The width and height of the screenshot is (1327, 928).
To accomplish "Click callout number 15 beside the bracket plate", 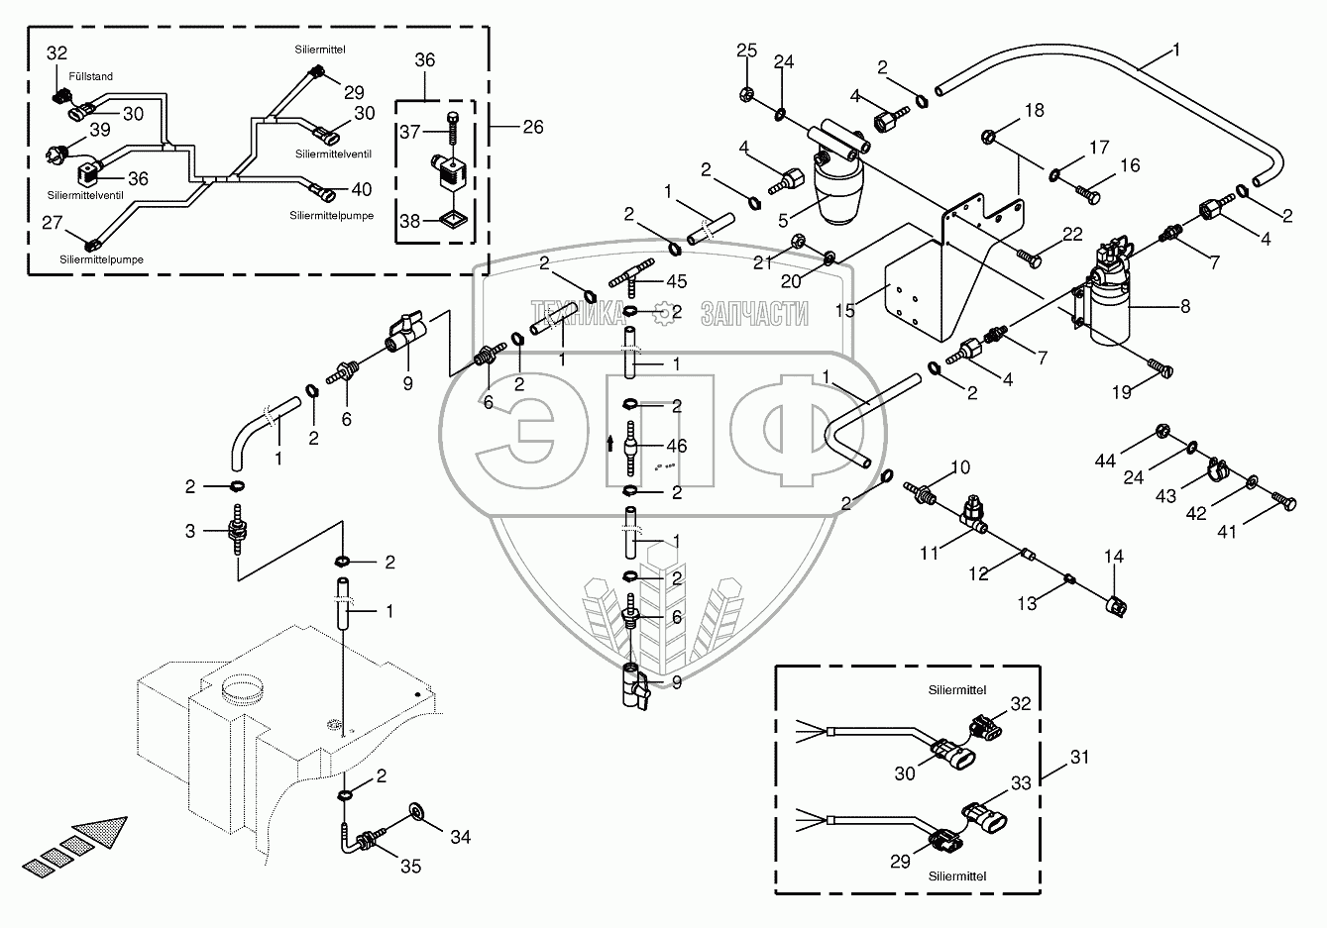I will [x=845, y=310].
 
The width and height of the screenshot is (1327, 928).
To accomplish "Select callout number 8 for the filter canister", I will [x=1185, y=307].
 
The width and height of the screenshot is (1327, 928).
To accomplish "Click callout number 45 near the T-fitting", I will [x=677, y=281].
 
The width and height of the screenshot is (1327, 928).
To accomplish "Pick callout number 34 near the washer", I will [x=460, y=837].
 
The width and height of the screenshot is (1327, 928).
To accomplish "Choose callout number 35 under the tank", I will [x=410, y=867].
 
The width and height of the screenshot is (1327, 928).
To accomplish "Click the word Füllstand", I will [x=90, y=74].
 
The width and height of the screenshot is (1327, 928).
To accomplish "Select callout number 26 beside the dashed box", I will [x=533, y=128].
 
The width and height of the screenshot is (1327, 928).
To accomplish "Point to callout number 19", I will [x=1121, y=392].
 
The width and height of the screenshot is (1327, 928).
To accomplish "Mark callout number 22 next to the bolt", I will [x=1072, y=234].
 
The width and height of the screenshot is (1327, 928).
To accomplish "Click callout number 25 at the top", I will [x=746, y=51].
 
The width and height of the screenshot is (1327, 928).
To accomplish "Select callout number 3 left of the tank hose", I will [x=189, y=532].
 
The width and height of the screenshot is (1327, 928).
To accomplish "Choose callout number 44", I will [x=1106, y=461].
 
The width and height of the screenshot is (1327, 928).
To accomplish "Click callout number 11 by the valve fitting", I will [x=929, y=554].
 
